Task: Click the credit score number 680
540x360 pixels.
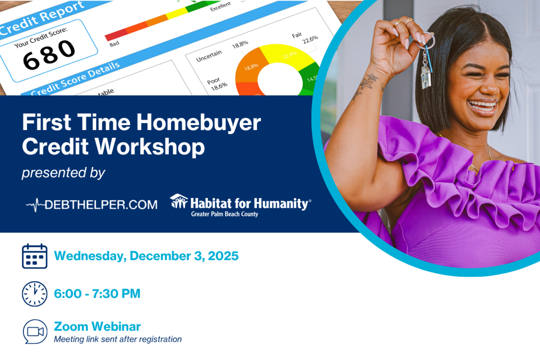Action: pos(49,55)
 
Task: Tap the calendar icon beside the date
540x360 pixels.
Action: pos(35,256)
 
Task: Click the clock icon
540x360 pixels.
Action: pos(35,294)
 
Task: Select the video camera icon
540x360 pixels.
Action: pos(35,331)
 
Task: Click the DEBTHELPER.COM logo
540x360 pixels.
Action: pos(92,205)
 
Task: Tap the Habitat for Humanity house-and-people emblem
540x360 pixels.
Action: pos(179,201)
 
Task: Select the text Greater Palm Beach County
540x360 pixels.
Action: pos(224,214)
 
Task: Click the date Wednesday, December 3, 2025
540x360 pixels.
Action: pos(146,256)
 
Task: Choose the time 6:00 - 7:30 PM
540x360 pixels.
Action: pos(97,294)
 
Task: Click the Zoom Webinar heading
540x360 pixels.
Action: pos(97,326)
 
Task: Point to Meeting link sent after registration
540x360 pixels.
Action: pos(118,339)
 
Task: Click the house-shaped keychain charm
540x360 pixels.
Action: pos(425,77)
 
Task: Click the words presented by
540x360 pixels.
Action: pos(63,173)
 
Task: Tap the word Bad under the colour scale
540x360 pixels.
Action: pos(113,43)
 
